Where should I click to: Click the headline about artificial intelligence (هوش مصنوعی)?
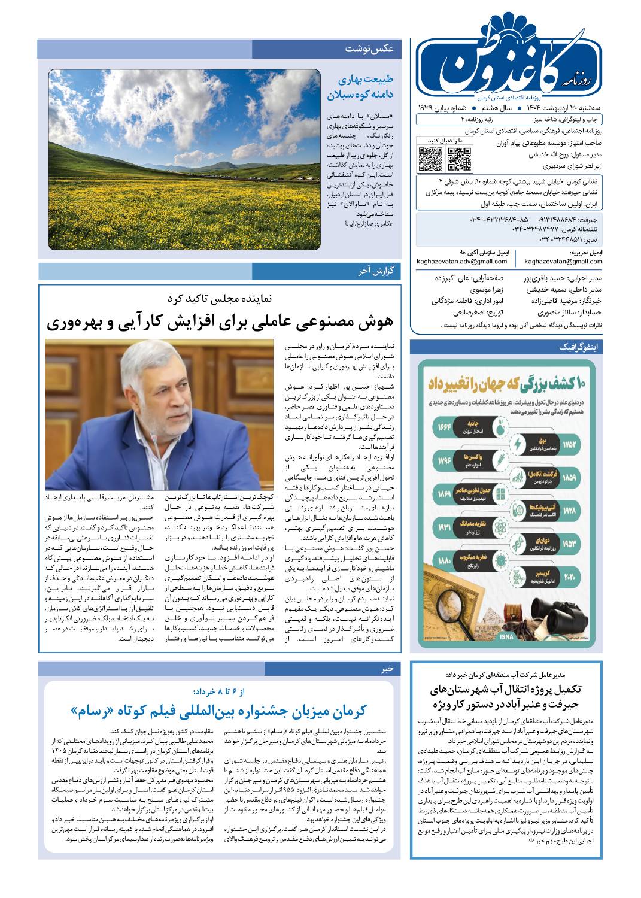[x=220, y=322]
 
